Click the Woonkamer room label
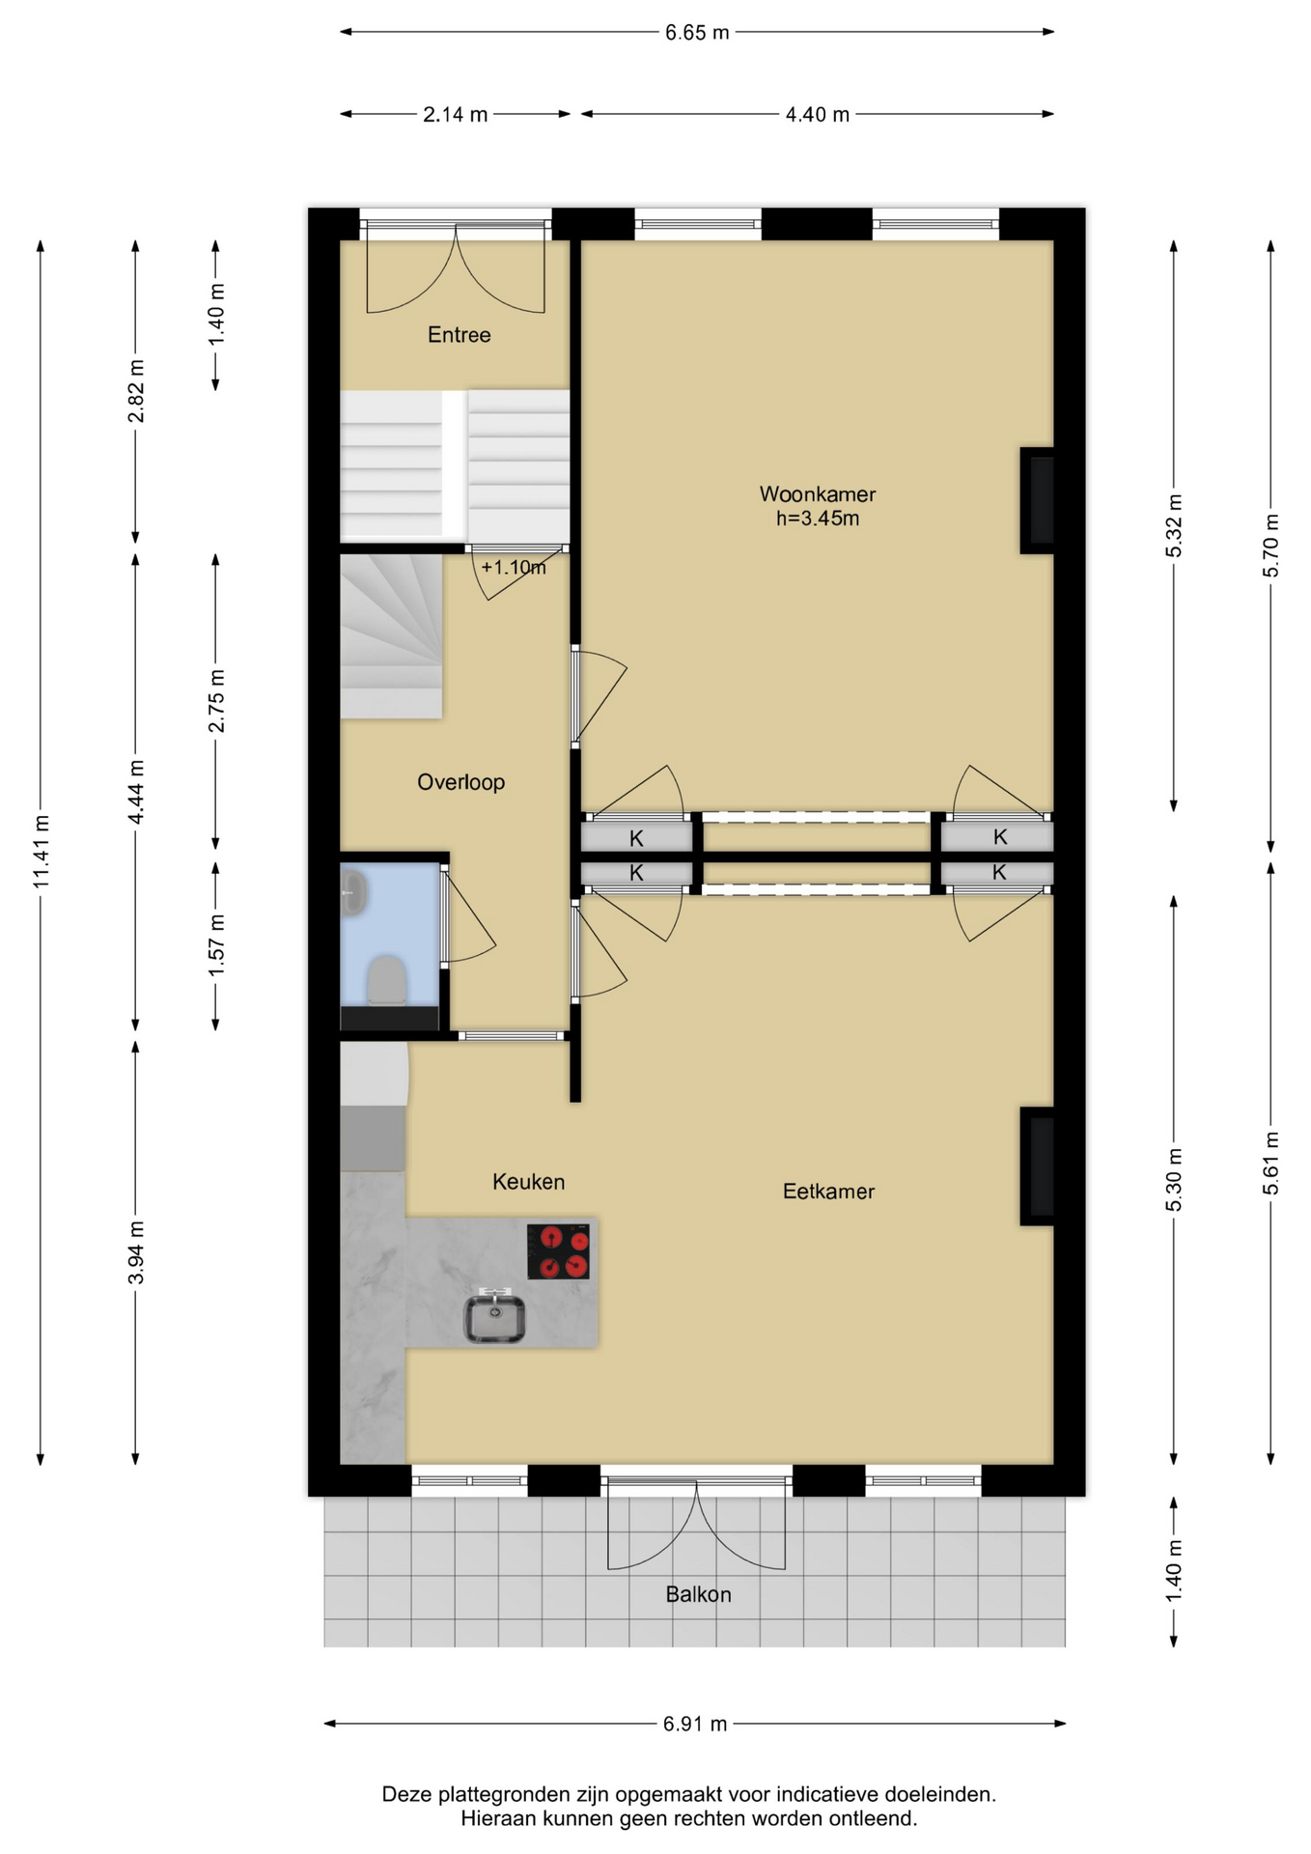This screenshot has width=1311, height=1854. tap(817, 494)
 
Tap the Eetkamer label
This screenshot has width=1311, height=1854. tap(828, 1192)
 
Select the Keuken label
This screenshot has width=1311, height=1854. tap(528, 1182)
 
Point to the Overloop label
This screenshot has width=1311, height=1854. tap(460, 782)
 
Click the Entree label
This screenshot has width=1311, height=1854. tap(460, 335)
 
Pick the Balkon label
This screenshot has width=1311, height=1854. tap(698, 1594)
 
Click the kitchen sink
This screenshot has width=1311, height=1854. tap(495, 1316)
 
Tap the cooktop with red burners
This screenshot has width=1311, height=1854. tap(558, 1251)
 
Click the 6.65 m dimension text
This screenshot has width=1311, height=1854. tap(697, 33)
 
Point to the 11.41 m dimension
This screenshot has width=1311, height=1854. tap(41, 852)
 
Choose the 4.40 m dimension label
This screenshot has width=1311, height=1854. tap(817, 115)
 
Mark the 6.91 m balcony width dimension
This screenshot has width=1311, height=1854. tap(695, 1724)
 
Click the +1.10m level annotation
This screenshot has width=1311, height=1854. tap(514, 568)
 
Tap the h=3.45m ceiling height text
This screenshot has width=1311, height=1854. tap(818, 519)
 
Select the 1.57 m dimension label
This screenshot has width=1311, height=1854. tap(217, 944)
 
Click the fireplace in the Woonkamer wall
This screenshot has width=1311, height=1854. tap(1038, 500)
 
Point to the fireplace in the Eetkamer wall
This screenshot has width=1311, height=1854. tap(1038, 1166)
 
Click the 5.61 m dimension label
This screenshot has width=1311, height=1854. tap(1271, 1164)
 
